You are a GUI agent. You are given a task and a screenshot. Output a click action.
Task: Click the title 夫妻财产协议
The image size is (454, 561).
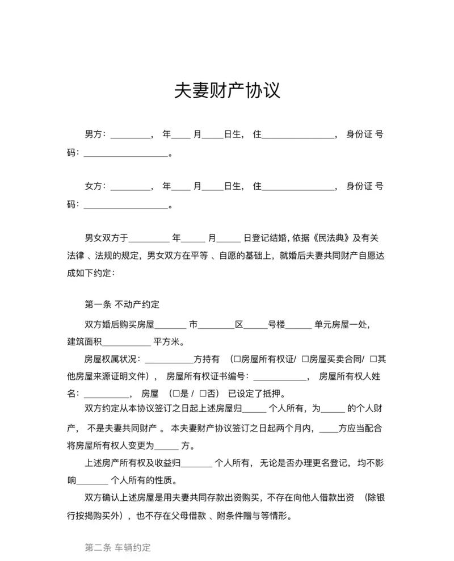coord(227,90)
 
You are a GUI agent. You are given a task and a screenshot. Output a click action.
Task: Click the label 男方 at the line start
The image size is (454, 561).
coord(94,135)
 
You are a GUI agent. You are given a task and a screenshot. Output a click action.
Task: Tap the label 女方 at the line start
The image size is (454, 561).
coord(94,186)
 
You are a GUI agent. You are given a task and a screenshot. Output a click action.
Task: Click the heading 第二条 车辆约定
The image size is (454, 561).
coord(118,547)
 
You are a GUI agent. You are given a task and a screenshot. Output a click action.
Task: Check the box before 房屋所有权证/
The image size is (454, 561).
coord(237,359)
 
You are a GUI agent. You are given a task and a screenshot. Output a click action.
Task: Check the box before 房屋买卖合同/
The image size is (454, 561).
coord(305,359)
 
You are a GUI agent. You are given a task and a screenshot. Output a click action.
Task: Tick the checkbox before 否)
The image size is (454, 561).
coord(203,394)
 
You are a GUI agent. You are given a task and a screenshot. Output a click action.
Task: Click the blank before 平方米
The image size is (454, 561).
coord(125,342)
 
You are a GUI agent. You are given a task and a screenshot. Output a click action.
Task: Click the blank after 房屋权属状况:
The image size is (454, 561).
coord(170,359)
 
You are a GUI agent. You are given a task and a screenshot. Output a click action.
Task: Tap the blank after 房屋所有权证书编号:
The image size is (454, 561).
coord(279,377)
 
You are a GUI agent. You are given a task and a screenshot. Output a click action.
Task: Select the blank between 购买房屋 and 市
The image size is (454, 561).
coord(170,325)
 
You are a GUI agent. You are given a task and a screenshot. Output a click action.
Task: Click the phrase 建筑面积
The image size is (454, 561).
coord(84,342)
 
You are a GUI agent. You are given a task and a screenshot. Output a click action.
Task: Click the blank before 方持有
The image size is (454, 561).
coord(170,359)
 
